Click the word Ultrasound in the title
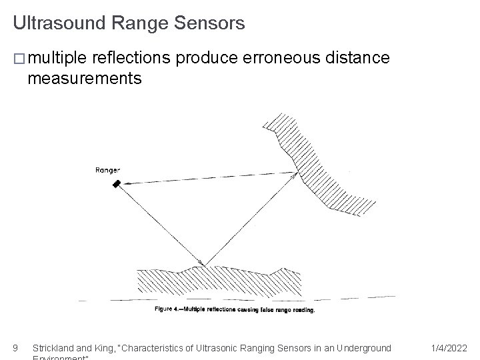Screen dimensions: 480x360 click(x=59, y=23)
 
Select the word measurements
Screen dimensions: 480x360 click(x=84, y=79)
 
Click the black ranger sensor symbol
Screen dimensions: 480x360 click(x=117, y=183)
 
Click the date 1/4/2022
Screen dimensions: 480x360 click(x=449, y=347)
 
